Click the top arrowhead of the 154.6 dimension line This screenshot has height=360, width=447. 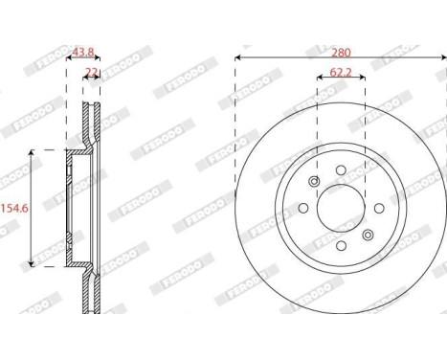click(33, 152)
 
